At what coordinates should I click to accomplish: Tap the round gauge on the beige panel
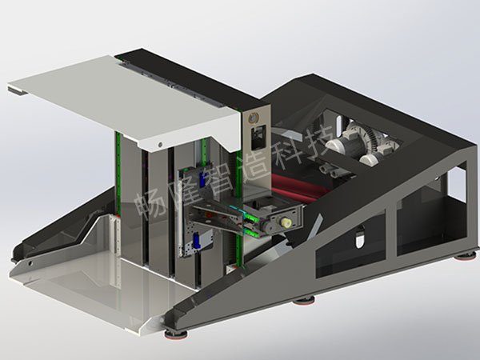(254, 118)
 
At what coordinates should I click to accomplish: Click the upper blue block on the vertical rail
(202, 180)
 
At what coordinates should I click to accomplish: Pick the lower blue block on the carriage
(197, 241)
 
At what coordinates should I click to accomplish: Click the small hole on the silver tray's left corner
(30, 263)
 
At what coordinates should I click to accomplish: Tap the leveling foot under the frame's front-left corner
(175, 334)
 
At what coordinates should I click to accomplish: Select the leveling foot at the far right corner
(465, 255)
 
